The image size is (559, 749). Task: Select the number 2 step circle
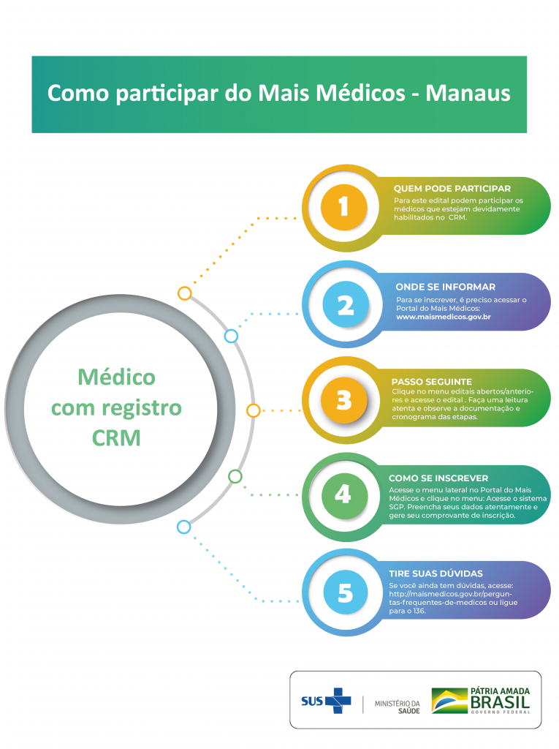pos(345,304)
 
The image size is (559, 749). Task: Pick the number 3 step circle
pos(343,400)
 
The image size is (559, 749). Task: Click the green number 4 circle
pos(343,495)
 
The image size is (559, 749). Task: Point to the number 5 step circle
pos(345,592)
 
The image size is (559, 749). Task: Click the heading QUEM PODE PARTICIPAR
pos(452,188)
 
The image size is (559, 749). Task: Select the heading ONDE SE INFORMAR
pos(445,287)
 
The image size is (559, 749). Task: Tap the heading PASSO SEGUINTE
pos(432,381)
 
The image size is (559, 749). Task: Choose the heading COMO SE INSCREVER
pos(438,478)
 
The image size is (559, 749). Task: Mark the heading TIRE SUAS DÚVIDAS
pos(436,573)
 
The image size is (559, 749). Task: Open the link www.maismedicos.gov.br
pos(443,317)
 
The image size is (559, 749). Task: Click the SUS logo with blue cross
pos(326,700)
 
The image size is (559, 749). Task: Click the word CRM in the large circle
pos(116,437)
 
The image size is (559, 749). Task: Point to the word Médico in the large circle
pos(116,377)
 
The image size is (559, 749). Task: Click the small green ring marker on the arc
pos(235,476)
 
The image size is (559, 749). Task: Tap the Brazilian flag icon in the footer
pos(449,700)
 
